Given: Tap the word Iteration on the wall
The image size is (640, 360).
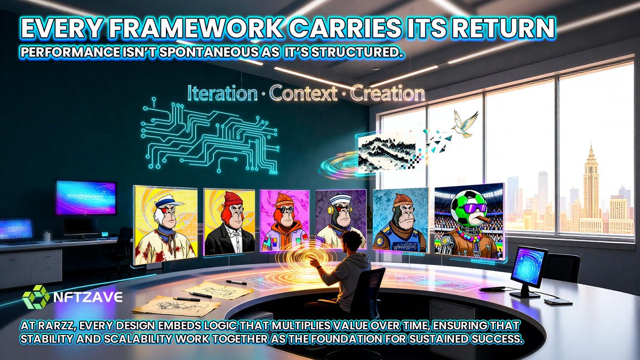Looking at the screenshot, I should coord(221,94).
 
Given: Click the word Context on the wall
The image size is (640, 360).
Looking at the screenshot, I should coord(303,94).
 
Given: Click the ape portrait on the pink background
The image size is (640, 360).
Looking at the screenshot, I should coord(285,220).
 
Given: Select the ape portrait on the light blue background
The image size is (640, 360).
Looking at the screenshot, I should coord(400,220).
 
